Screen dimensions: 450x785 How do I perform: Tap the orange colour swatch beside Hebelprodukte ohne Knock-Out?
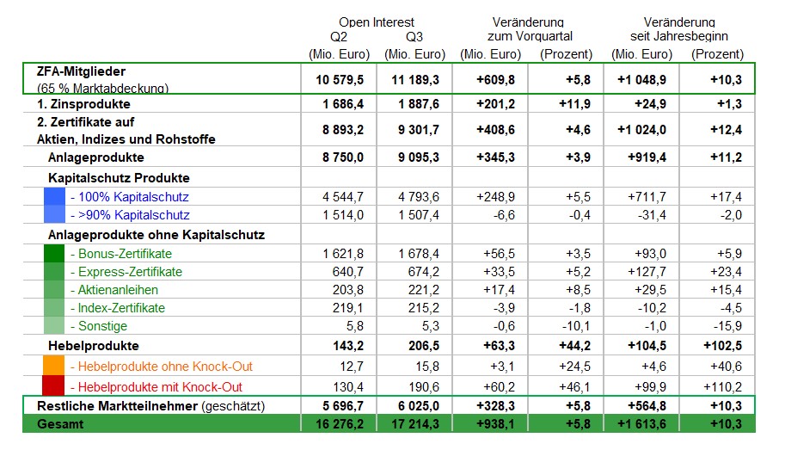pos(53,367)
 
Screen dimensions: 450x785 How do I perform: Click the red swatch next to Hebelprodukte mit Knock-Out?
pos(53,386)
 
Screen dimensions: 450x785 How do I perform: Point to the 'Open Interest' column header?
pos(376,22)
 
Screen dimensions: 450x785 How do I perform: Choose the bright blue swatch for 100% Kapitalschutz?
pos(53,196)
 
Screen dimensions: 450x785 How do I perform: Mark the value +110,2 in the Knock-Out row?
pos(723,387)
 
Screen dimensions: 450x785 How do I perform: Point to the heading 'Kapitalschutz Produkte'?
pos(120,178)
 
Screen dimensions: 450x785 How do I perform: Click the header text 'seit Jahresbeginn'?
pos(678,36)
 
